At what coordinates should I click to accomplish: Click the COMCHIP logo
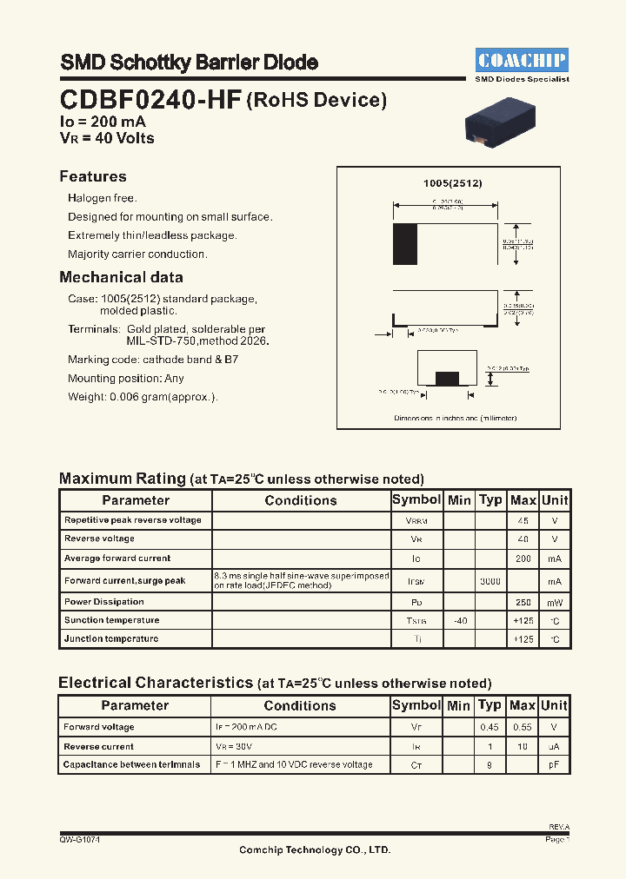click(522, 60)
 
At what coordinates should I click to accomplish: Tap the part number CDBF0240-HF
click(151, 100)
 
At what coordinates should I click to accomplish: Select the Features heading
click(93, 176)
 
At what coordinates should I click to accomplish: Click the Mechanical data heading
click(121, 278)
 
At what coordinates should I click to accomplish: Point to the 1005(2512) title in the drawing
click(452, 184)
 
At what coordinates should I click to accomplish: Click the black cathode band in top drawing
click(405, 244)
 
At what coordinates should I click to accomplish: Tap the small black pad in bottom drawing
click(447, 377)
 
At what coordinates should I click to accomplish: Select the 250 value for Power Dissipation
click(523, 602)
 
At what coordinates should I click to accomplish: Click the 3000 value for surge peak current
click(490, 580)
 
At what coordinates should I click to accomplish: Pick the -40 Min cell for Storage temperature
click(459, 620)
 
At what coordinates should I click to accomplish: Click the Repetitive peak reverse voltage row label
click(133, 520)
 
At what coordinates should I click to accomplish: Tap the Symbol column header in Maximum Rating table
click(416, 500)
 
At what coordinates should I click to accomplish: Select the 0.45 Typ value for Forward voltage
click(490, 727)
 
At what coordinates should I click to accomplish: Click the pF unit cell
click(554, 765)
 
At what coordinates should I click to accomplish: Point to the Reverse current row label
click(99, 746)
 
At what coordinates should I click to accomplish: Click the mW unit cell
click(554, 602)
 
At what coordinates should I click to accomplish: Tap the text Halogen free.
click(103, 198)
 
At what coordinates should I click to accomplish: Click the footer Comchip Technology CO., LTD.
click(315, 849)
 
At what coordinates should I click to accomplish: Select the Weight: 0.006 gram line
click(143, 397)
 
